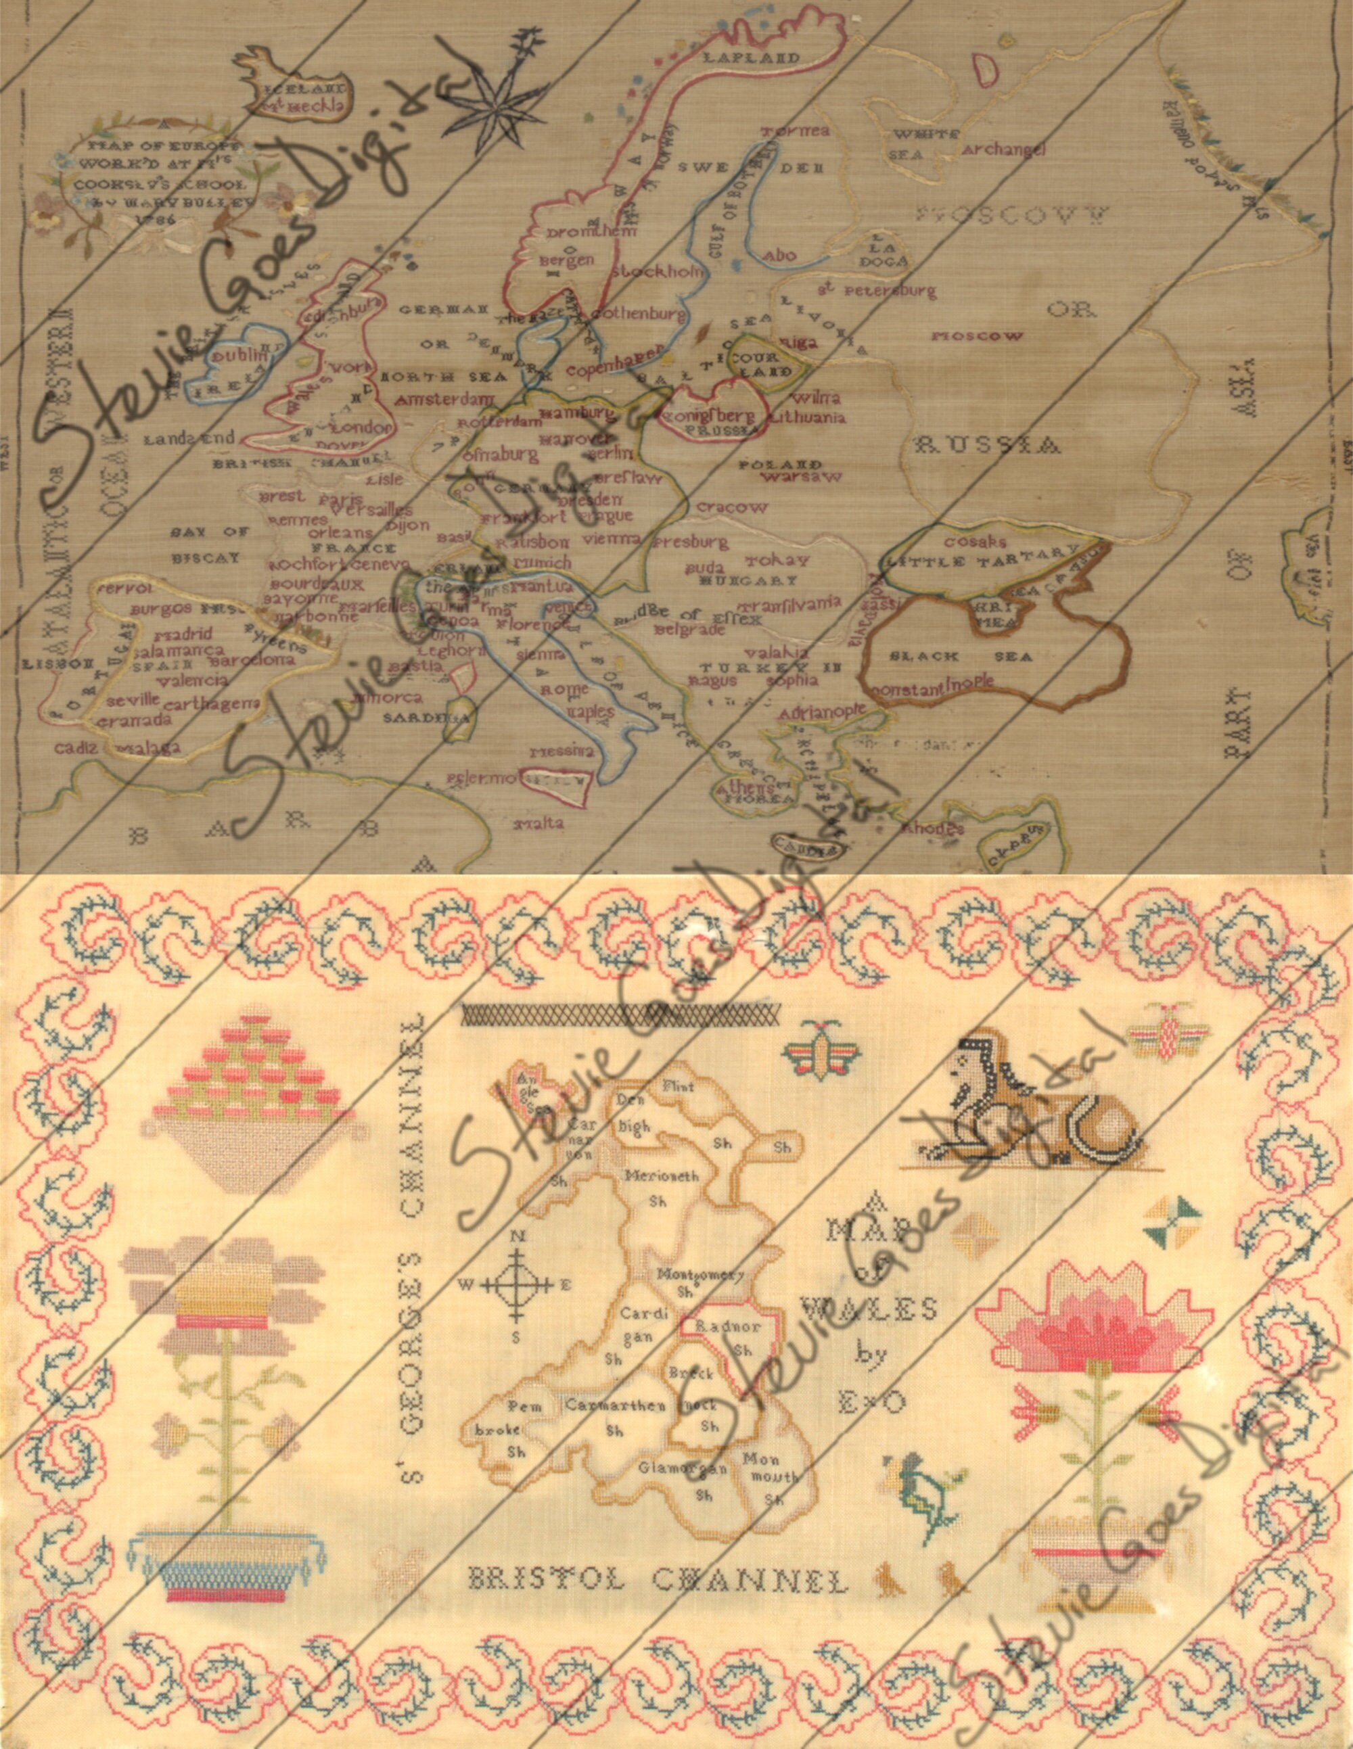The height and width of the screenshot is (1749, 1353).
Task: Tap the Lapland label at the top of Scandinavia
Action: tap(752, 57)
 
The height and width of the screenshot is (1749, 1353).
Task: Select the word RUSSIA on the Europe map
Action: tap(996, 444)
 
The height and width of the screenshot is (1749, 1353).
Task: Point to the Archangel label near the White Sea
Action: tap(1005, 149)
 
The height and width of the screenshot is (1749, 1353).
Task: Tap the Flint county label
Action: tap(678, 1087)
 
